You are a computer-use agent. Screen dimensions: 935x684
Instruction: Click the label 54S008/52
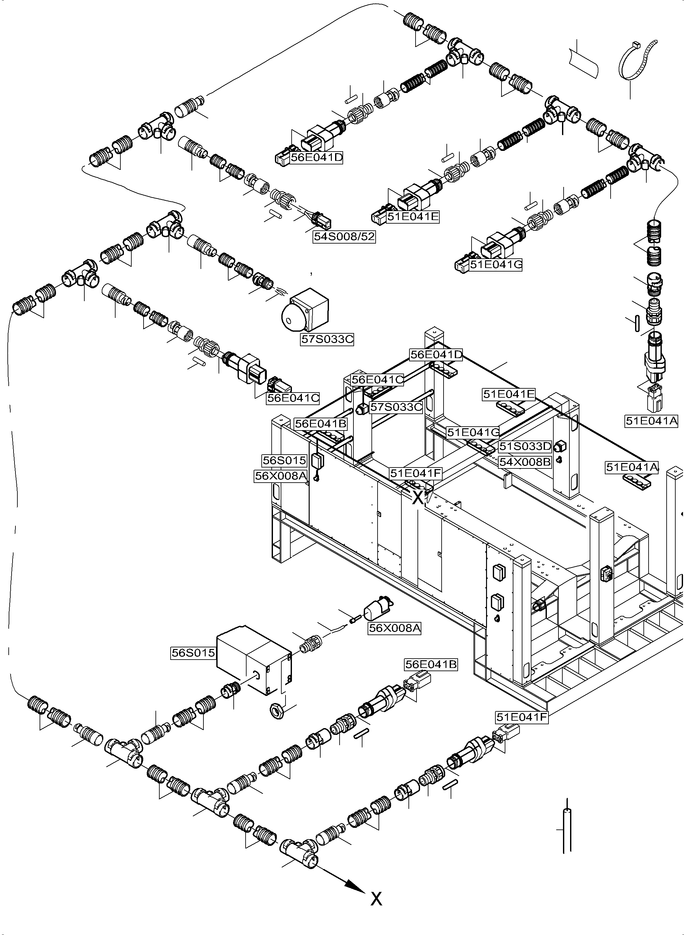pos(344,237)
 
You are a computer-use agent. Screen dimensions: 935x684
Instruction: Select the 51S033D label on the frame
pos(525,447)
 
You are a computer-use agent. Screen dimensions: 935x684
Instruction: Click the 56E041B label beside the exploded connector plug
pos(431,664)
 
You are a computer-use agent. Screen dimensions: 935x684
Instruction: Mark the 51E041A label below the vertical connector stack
pos(651,421)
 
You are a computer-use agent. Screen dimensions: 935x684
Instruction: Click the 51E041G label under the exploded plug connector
pos(496,264)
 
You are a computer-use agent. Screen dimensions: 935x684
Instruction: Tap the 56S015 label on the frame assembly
pos(285,460)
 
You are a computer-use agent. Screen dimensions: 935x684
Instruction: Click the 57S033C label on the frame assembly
pos(396,407)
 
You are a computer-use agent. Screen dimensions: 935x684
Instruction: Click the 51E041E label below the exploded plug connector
pos(412,217)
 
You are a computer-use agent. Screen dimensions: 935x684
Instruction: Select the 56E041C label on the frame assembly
pos(377,380)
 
